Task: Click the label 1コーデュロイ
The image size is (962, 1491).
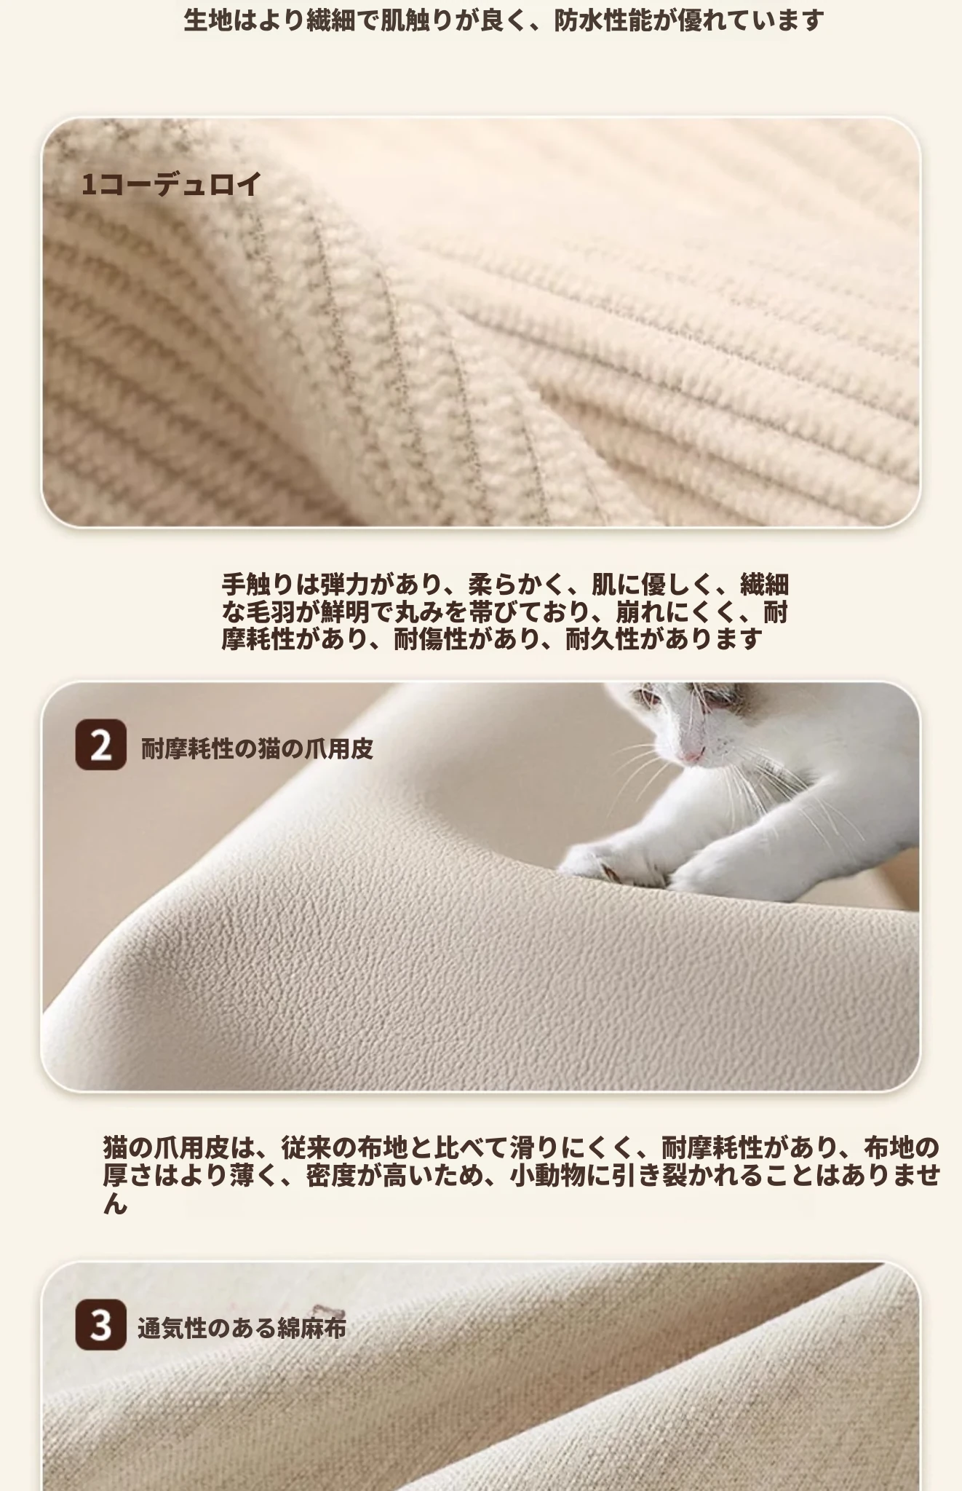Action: (x=171, y=184)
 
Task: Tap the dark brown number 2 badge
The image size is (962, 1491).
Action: (x=100, y=745)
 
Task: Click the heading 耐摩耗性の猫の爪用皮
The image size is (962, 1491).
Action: (x=257, y=748)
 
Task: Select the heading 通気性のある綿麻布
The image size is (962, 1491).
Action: (x=242, y=1328)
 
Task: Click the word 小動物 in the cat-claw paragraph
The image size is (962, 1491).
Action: (x=546, y=1175)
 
